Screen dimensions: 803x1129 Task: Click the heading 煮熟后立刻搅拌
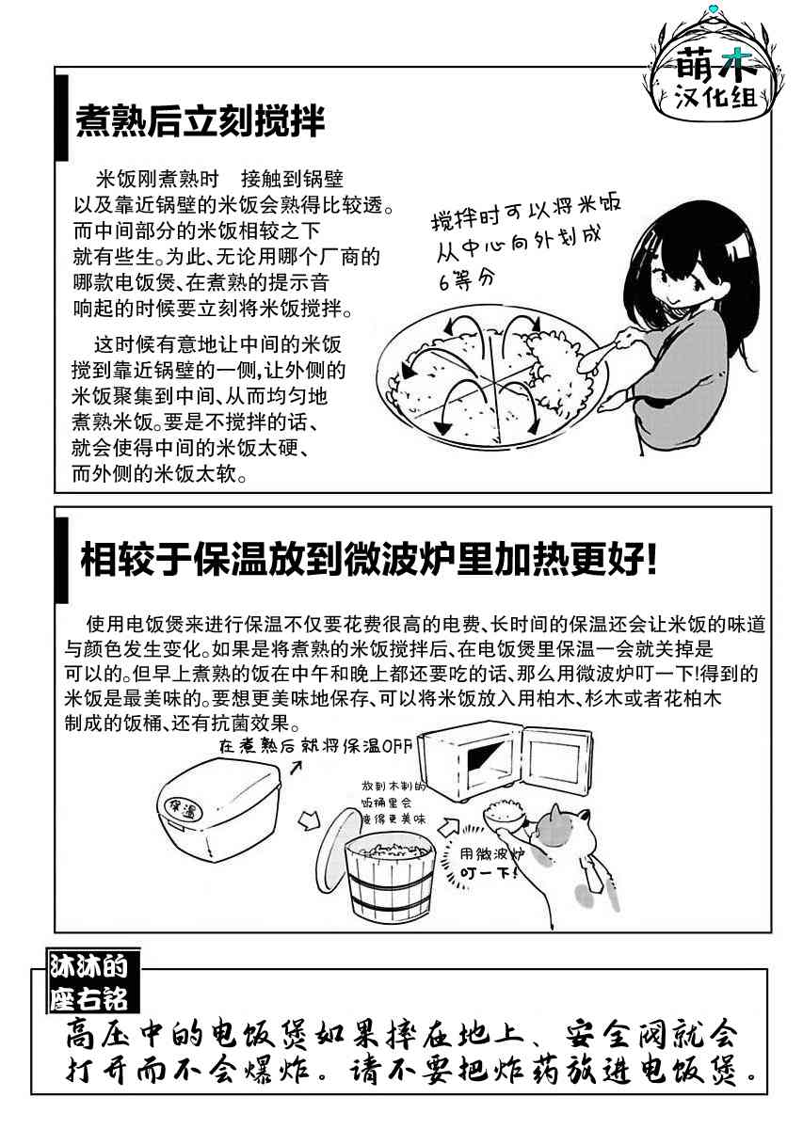(200, 122)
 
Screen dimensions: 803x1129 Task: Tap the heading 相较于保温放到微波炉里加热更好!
(369, 560)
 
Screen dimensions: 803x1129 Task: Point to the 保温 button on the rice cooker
(183, 808)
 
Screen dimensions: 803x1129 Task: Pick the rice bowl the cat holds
(506, 819)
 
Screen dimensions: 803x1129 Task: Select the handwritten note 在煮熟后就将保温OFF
(315, 745)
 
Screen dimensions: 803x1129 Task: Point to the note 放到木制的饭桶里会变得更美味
(393, 803)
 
